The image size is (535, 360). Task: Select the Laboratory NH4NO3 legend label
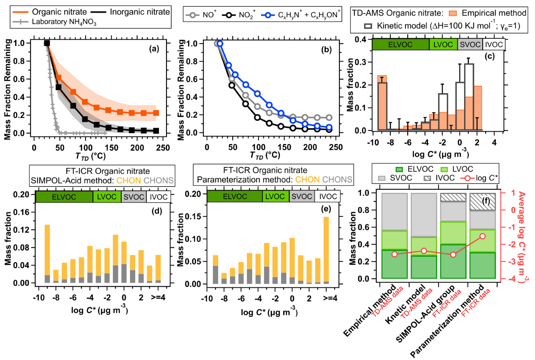(64, 22)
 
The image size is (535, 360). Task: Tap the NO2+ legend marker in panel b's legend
(229, 15)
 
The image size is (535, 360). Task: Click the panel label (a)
(154, 49)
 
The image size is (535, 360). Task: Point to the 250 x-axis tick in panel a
(163, 148)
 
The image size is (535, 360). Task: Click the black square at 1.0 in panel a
(47, 43)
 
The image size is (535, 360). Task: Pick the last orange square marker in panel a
(156, 113)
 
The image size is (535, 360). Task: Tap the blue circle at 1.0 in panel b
(220, 43)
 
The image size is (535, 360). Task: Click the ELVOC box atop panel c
(400, 44)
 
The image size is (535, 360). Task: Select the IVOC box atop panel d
(158, 197)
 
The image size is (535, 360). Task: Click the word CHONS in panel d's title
(159, 181)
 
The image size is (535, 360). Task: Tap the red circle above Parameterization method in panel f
(482, 236)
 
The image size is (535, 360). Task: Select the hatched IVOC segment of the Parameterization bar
(482, 202)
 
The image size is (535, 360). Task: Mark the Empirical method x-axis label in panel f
(369, 311)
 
